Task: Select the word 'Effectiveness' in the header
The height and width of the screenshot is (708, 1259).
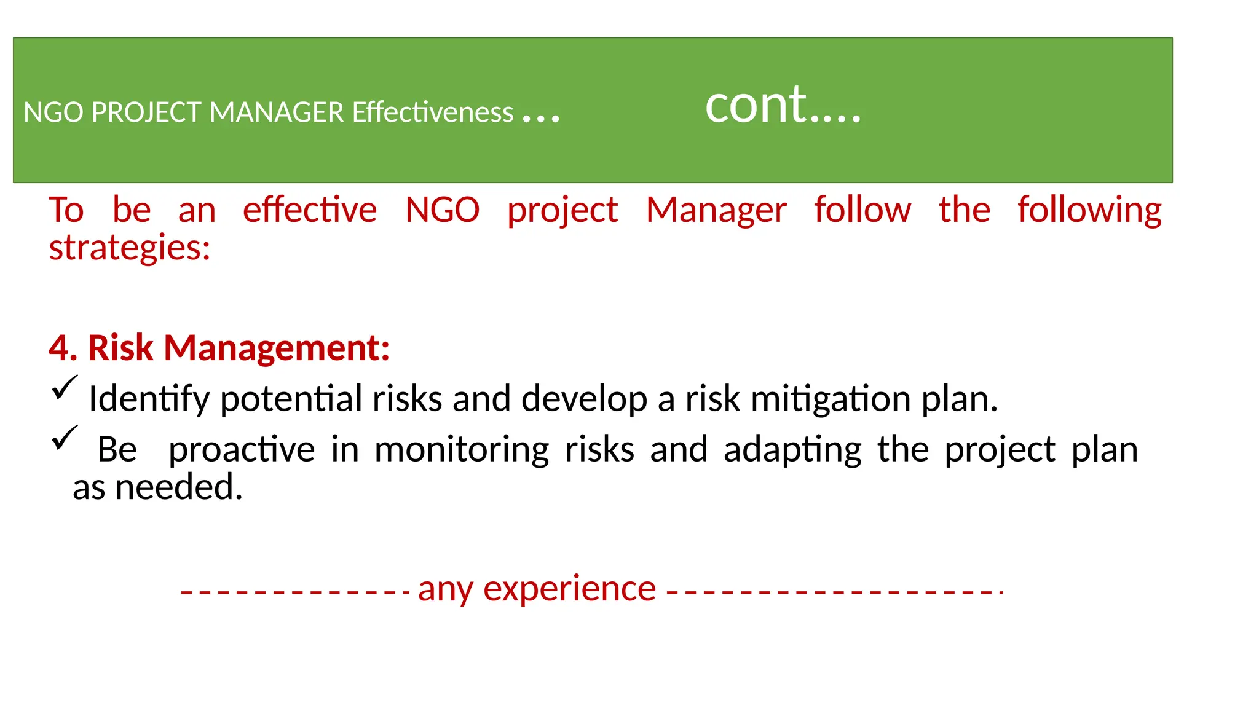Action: pyautogui.click(x=432, y=112)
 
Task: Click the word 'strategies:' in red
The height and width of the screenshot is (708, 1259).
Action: pyautogui.click(x=130, y=248)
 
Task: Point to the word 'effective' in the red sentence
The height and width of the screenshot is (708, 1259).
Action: pyautogui.click(x=310, y=210)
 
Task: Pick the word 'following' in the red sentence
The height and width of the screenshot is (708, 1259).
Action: pyautogui.click(x=1089, y=210)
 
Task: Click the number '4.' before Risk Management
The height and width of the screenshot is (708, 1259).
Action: pyautogui.click(x=63, y=348)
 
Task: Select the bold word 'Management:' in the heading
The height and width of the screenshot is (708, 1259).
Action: pyautogui.click(x=277, y=348)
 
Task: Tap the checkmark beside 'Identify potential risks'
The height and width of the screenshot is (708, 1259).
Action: pyautogui.click(x=65, y=388)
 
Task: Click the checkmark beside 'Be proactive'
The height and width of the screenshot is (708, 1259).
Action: pyautogui.click(x=65, y=438)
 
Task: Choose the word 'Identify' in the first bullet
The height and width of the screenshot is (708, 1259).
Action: pyautogui.click(x=149, y=399)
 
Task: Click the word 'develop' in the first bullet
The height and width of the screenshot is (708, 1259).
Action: pyautogui.click(x=584, y=399)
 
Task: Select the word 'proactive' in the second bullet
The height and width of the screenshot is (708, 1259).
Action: pyautogui.click(x=242, y=450)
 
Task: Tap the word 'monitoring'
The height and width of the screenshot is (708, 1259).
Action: pyautogui.click(x=462, y=450)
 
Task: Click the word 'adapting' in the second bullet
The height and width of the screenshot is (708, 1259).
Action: pyautogui.click(x=792, y=450)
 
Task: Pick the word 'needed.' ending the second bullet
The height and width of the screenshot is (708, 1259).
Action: pyautogui.click(x=179, y=487)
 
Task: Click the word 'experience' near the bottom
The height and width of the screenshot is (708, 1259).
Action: pyautogui.click(x=569, y=589)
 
